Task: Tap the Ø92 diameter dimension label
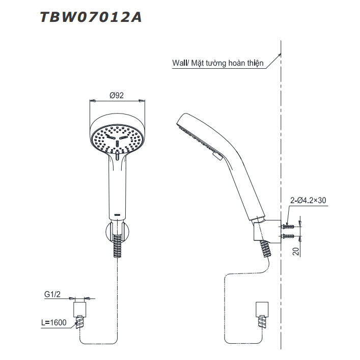(x=117, y=95)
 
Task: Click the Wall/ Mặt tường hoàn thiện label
(x=217, y=63)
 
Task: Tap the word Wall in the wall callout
(x=179, y=63)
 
